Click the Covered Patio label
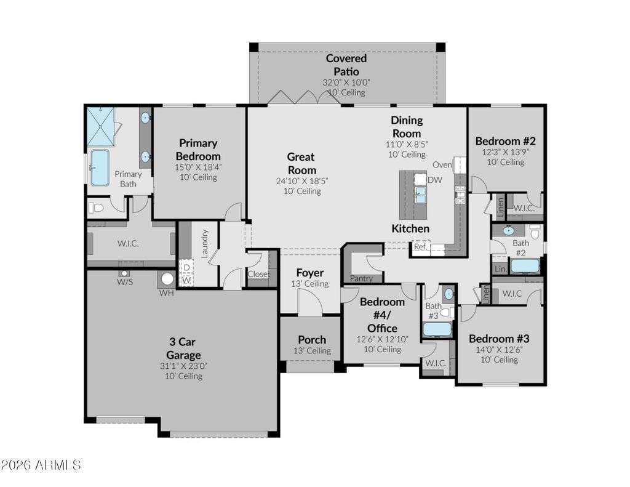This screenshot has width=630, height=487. (x=346, y=65)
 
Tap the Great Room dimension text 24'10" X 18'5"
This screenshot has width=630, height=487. (x=301, y=181)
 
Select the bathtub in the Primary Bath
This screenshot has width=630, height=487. (x=100, y=167)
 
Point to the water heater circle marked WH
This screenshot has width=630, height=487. (x=167, y=279)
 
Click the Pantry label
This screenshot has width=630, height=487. (x=361, y=278)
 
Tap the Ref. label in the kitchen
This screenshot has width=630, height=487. (x=420, y=246)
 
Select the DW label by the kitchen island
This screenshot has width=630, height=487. (x=435, y=180)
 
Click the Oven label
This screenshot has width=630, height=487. (x=442, y=164)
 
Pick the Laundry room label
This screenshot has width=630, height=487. (x=204, y=244)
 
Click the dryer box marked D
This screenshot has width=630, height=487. (x=187, y=267)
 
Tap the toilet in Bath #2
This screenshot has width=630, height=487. (x=535, y=233)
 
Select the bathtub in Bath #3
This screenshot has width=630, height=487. (x=437, y=329)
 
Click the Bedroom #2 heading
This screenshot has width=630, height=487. (x=506, y=141)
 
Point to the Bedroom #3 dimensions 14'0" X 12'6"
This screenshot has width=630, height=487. (x=499, y=350)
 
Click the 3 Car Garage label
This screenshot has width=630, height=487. (x=183, y=348)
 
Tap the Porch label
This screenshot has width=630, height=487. (x=312, y=340)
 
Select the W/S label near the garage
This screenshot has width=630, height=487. (x=125, y=282)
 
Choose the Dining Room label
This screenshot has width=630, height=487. (x=407, y=127)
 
